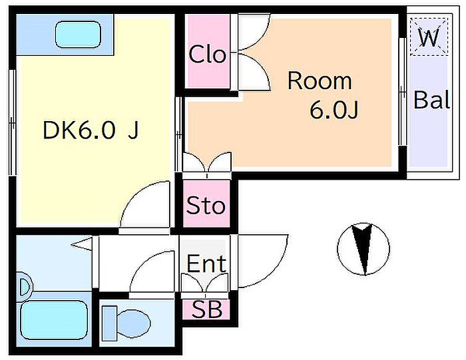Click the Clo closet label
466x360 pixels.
tap(207, 54)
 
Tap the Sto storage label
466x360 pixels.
tap(206, 205)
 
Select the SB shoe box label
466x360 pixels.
tap(207, 309)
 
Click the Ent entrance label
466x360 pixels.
tap(206, 263)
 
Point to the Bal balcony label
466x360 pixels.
tap(431, 100)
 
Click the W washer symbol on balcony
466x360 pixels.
tap(429, 37)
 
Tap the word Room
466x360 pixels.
tap(320, 81)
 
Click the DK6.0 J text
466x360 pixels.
tap(91, 130)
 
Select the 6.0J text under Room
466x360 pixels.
tap(334, 110)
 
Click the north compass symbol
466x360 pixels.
tap(363, 249)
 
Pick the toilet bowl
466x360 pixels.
tap(134, 323)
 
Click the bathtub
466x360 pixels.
tap(54, 320)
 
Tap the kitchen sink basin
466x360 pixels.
tap(78, 35)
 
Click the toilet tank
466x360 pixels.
tap(109, 324)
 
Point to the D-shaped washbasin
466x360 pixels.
tap(25, 287)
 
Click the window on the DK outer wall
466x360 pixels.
tap(12, 122)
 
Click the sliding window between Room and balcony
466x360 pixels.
tap(402, 91)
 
